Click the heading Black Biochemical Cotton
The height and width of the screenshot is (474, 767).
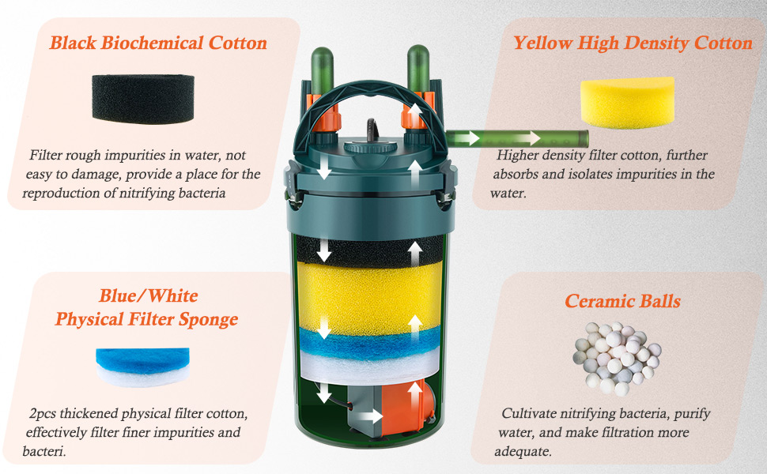158,43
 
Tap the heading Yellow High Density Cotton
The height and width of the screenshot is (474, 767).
633,43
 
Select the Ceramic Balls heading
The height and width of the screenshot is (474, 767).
622,301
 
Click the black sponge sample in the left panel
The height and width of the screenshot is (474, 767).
143,99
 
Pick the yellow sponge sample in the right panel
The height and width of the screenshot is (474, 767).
628,103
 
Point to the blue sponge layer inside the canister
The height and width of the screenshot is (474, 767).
369,343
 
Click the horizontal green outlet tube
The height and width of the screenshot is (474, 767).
517,138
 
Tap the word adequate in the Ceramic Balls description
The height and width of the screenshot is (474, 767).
523,452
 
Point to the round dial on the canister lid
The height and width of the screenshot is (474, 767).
369,147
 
